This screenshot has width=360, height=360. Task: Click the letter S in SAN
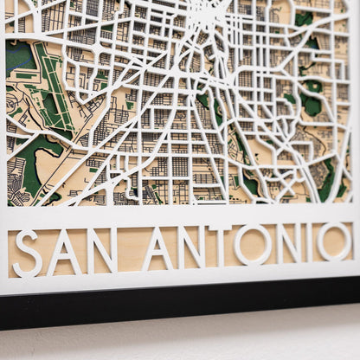coord(27,253)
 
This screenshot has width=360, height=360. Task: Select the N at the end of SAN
coord(101,250)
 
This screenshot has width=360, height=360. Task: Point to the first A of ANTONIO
coord(157,248)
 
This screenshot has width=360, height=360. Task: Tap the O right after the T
coord(251,245)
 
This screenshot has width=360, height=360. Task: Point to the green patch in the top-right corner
coord(304,17)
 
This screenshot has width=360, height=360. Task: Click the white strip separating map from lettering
coord(173,214)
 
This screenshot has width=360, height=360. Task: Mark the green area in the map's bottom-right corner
coord(327,177)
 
